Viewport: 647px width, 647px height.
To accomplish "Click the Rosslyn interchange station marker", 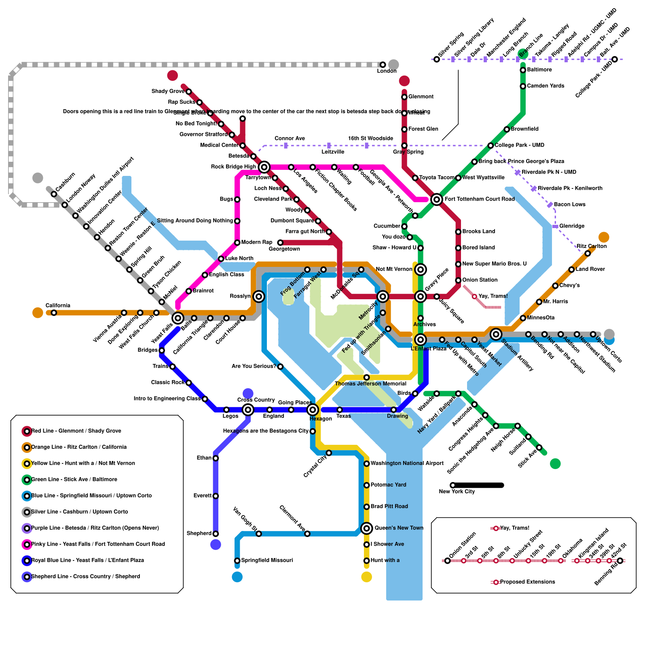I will tap(259, 296).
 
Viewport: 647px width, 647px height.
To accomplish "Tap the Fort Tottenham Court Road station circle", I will tap(436, 199).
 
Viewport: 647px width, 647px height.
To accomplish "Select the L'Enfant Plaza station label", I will tap(428, 349).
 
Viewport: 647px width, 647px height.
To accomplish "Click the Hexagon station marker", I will tap(313, 410).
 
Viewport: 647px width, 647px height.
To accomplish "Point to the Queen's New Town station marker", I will tap(367, 528).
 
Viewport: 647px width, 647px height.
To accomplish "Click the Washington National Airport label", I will tap(407, 463).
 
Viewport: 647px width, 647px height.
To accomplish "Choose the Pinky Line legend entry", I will tap(98, 544).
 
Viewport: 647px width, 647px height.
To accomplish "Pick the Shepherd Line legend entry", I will tap(85, 576).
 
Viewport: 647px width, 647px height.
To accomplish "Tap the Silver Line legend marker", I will tap(27, 512).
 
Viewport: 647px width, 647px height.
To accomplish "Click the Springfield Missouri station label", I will tap(267, 560).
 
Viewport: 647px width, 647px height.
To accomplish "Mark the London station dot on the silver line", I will tap(383, 65).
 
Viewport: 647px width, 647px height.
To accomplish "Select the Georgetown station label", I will tap(284, 249).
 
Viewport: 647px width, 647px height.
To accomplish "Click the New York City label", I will tap(457, 491).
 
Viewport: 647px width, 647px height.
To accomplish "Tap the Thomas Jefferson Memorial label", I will tap(370, 383).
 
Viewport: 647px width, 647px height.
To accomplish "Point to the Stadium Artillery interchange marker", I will tap(496, 334).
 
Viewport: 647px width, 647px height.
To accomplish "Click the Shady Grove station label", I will tap(168, 91).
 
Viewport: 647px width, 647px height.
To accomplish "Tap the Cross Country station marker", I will tap(248, 410).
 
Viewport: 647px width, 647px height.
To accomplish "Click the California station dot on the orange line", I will tap(54, 313).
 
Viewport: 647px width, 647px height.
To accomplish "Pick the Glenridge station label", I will tap(572, 226).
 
